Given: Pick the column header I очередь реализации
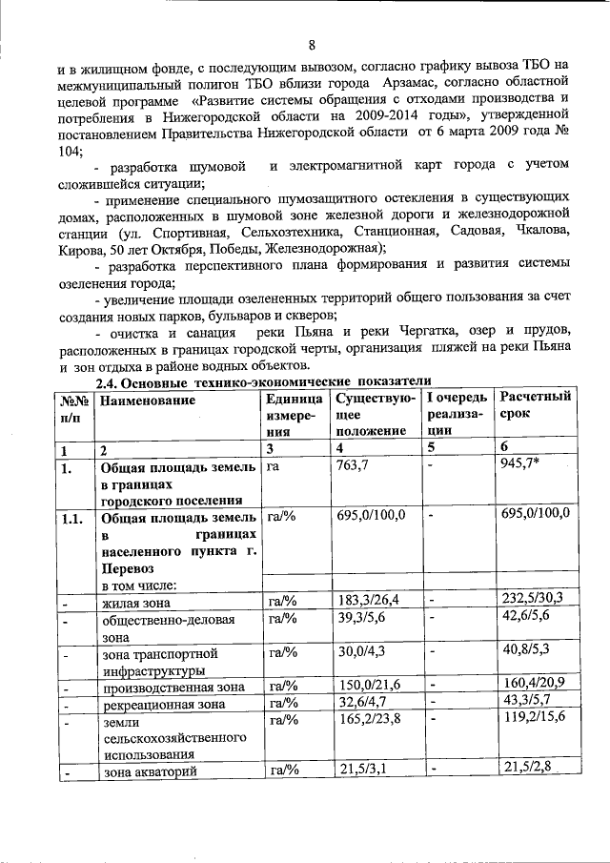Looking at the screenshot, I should coord(457,415).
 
